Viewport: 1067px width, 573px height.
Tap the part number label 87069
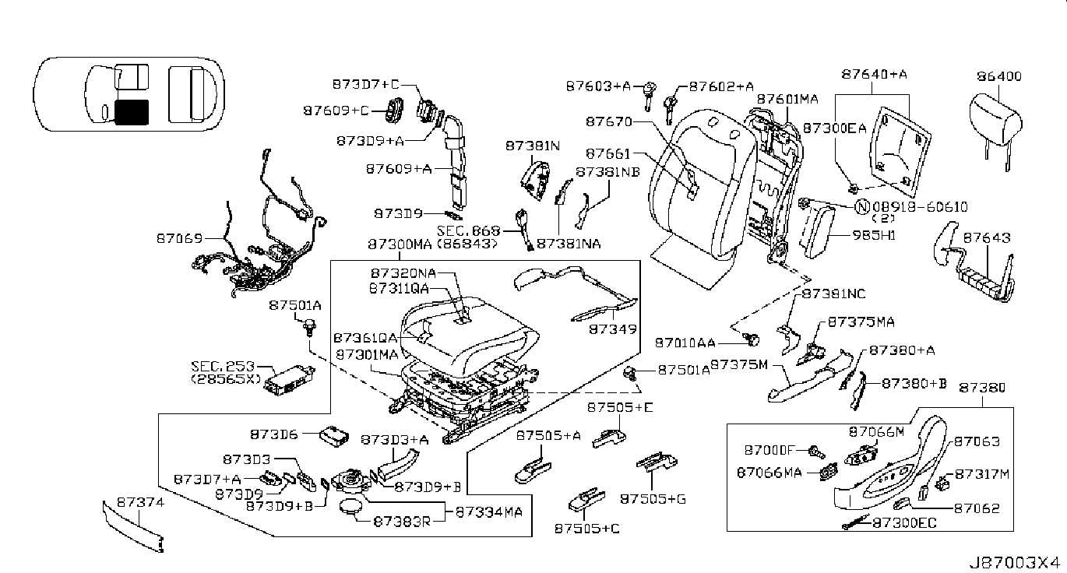click(x=180, y=238)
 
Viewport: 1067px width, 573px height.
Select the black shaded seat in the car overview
click(x=132, y=112)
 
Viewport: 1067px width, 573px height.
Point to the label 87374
click(x=140, y=502)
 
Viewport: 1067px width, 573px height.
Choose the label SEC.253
click(x=223, y=366)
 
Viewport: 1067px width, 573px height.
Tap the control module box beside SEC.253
click(x=290, y=380)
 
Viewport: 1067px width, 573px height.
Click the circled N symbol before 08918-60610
click(x=861, y=207)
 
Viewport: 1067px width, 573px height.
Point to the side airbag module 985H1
click(x=819, y=232)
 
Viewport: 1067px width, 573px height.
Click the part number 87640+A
click(x=874, y=74)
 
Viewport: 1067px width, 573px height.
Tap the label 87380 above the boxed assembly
click(x=982, y=388)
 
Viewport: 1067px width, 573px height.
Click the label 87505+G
click(x=653, y=499)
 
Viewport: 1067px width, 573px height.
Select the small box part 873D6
click(x=333, y=436)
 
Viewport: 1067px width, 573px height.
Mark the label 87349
click(x=613, y=329)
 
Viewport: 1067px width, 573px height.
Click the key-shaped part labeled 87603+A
click(x=648, y=96)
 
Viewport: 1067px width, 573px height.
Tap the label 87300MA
click(x=400, y=244)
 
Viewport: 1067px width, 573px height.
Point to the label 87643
click(x=987, y=237)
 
